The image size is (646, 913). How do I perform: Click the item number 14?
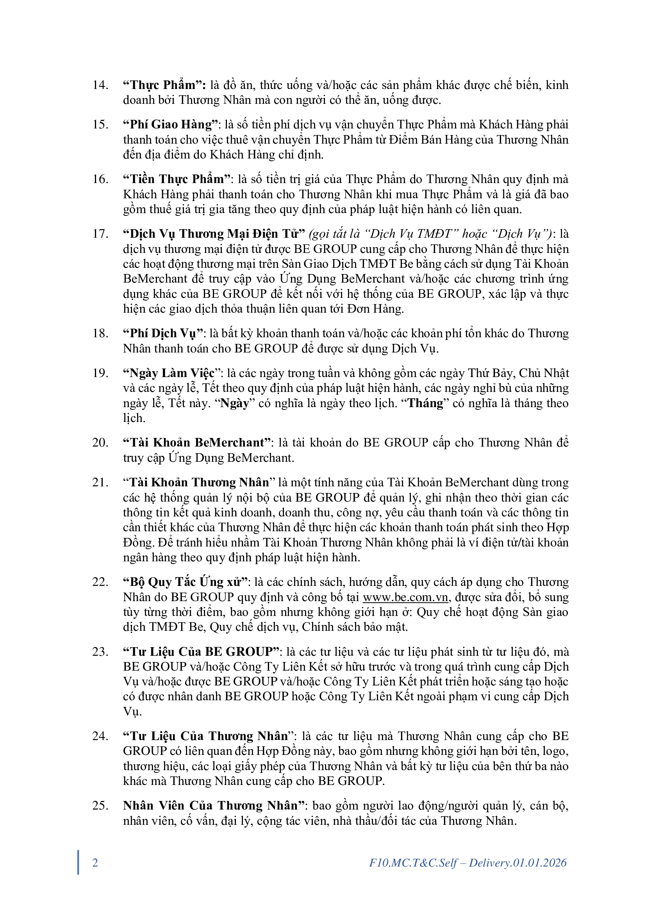(100, 85)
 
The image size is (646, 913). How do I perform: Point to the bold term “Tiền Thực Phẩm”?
(177, 179)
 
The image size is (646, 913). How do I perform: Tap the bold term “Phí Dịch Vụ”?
(163, 333)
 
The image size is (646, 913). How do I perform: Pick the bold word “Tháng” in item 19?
(425, 403)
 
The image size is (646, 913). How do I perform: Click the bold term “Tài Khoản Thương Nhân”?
(199, 482)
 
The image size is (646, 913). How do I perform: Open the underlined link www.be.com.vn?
(405, 597)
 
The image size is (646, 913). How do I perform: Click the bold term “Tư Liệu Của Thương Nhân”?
(209, 736)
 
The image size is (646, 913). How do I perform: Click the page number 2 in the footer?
(95, 863)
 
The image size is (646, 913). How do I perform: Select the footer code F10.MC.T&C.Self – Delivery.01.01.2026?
(468, 863)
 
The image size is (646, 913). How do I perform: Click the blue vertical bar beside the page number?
(78, 862)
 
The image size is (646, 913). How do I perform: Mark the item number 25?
(100, 806)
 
